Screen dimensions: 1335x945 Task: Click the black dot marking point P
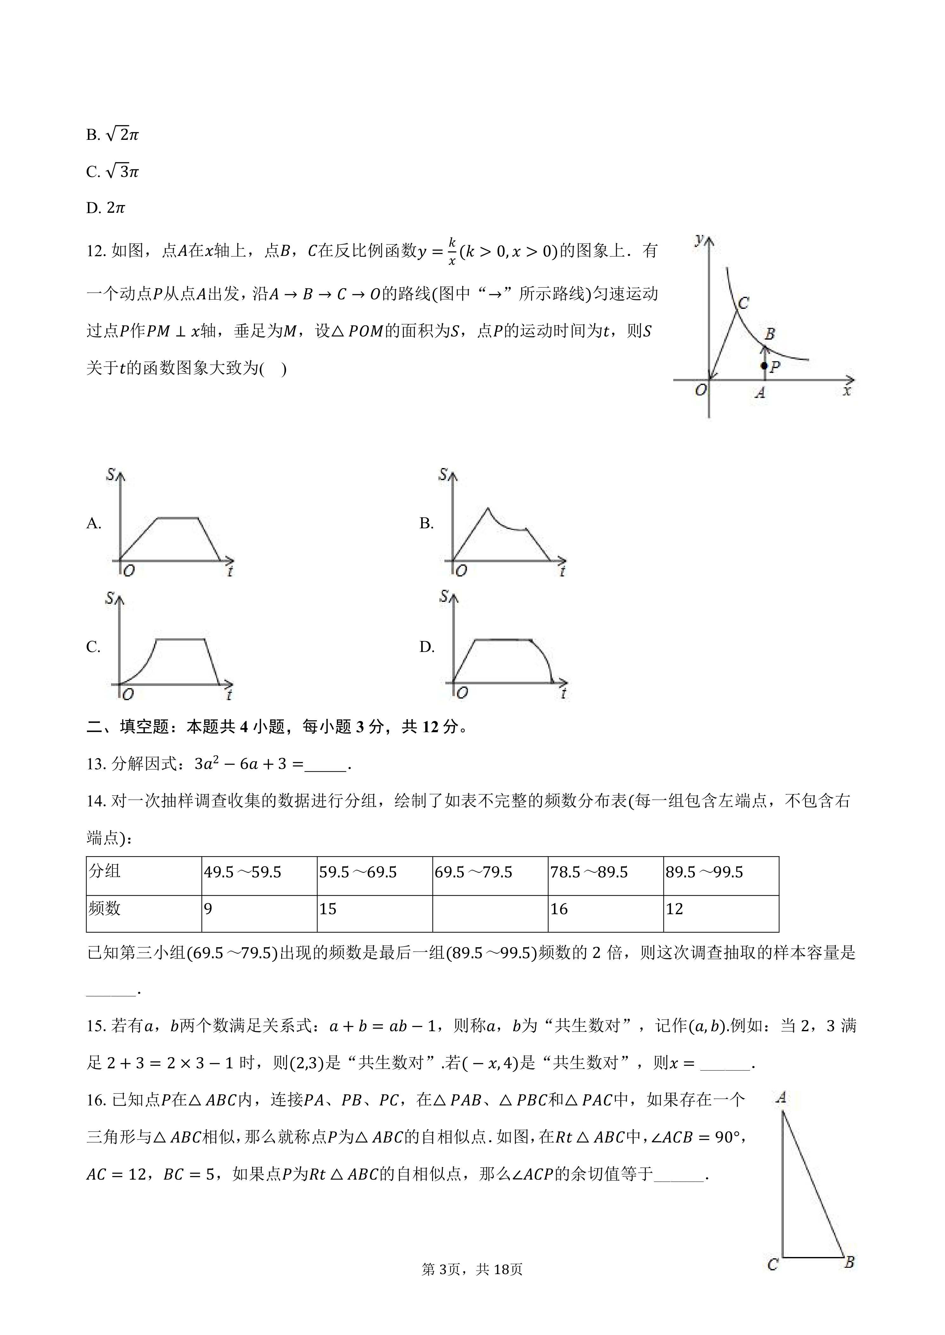(x=764, y=366)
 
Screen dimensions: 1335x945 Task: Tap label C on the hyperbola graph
(x=744, y=303)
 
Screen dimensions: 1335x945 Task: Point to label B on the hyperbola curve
(x=770, y=334)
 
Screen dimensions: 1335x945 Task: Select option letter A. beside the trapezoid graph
(x=94, y=523)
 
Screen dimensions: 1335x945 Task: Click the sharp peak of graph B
(x=488, y=508)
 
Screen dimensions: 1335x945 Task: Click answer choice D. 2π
(x=105, y=208)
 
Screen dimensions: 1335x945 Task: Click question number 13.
(x=96, y=764)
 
